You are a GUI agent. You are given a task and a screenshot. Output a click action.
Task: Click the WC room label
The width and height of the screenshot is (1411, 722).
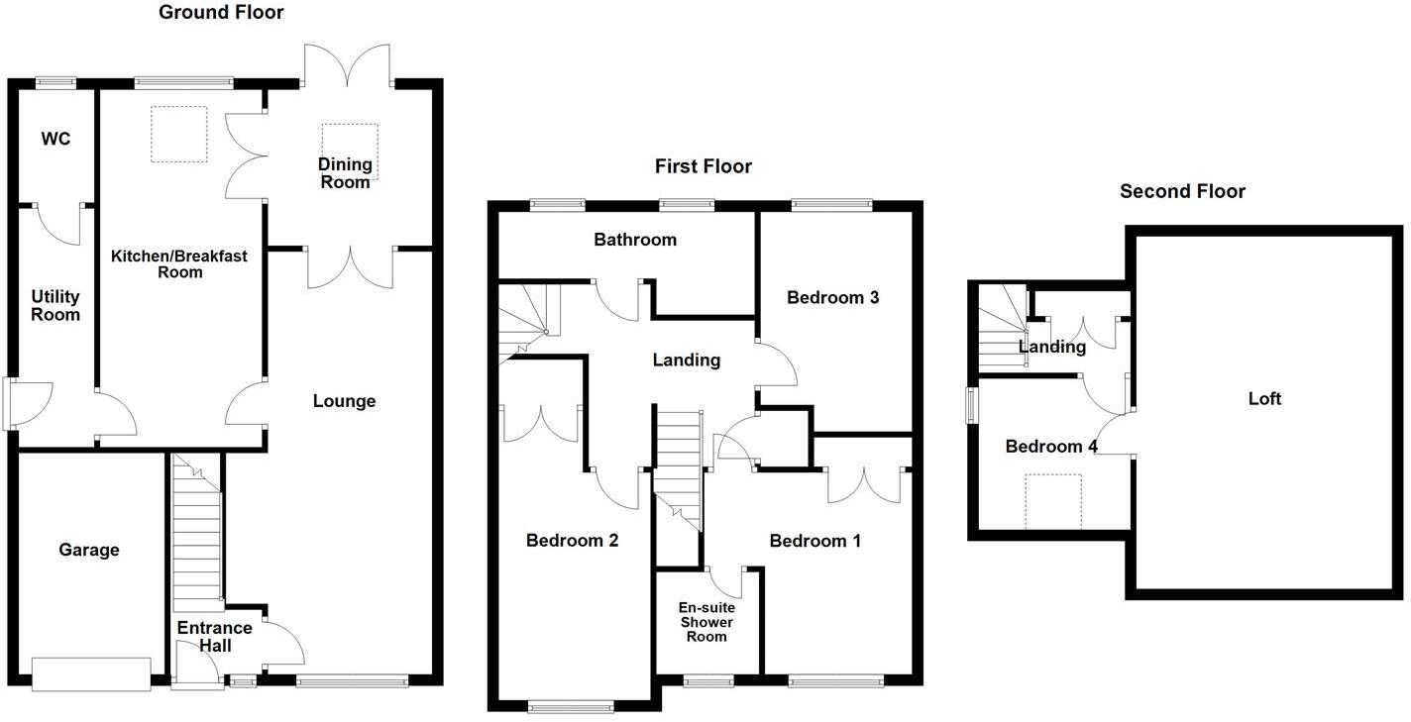click(x=55, y=139)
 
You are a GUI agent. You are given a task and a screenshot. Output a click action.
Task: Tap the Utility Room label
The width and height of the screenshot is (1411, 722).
click(x=55, y=305)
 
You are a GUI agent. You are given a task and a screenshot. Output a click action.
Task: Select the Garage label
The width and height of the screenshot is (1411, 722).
click(x=88, y=550)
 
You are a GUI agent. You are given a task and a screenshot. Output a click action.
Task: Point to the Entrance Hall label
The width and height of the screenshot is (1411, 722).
click(x=214, y=636)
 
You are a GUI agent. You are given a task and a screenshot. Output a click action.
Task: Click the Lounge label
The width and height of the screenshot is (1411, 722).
click(x=344, y=401)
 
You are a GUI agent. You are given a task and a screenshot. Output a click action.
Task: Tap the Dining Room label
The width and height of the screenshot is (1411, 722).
click(x=345, y=172)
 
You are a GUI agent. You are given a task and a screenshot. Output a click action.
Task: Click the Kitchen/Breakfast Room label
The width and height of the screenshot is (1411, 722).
click(x=178, y=263)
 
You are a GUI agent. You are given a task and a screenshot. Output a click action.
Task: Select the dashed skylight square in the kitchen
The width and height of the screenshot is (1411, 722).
click(x=178, y=134)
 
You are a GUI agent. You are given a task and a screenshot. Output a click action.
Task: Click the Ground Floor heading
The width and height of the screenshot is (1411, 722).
click(x=221, y=13)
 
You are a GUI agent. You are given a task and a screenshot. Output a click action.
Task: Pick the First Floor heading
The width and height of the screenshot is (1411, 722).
click(x=703, y=166)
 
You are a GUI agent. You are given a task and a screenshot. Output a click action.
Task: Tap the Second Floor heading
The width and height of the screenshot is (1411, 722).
click(x=1182, y=191)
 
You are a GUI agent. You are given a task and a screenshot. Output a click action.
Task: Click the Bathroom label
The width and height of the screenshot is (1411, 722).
click(x=635, y=240)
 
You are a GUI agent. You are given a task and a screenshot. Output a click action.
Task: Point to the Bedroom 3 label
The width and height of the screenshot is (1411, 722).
click(x=832, y=297)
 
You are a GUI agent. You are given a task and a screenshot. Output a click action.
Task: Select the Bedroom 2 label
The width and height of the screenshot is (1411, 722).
click(x=572, y=541)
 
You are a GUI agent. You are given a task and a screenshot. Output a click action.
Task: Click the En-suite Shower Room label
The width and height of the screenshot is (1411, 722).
click(x=705, y=622)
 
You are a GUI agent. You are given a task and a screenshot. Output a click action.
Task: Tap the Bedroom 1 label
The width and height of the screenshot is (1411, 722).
click(x=814, y=541)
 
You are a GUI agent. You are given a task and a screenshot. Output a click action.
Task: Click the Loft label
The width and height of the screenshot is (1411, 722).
click(x=1264, y=399)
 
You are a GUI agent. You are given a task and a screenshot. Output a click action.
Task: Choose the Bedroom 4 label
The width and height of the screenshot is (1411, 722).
click(x=1050, y=447)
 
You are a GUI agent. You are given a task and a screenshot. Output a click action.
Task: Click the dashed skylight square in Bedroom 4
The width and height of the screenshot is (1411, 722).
click(x=1053, y=501)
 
